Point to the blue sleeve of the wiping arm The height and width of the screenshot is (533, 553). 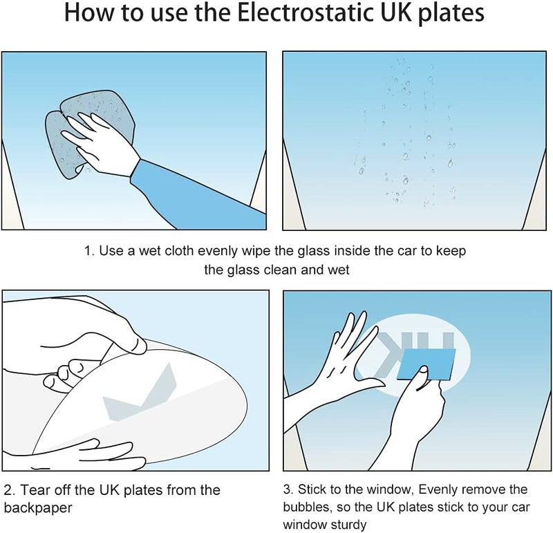pos(198,195)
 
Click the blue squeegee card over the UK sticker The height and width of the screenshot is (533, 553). pos(426,364)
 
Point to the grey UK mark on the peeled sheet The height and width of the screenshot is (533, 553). pos(140,394)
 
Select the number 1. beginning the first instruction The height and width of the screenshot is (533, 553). pos(89,251)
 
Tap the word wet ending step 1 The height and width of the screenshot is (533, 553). pos(339,270)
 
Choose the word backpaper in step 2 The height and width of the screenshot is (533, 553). pos(38,508)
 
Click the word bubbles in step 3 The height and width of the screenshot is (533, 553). pos(307,507)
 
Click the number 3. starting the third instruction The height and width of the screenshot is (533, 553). pos(288,489)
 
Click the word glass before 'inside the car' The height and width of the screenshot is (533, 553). pos(314,251)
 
